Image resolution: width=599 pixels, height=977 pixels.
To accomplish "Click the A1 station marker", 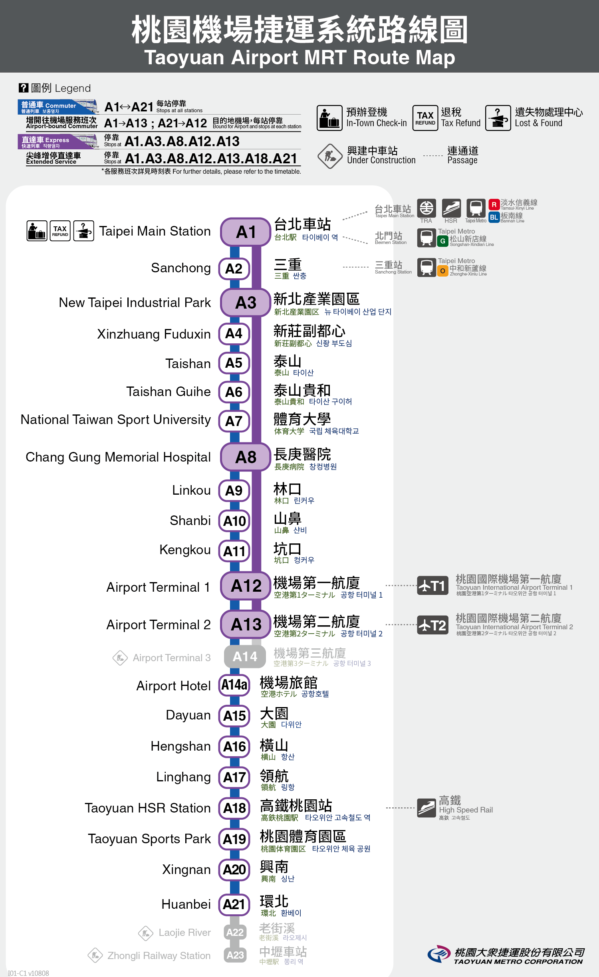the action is (x=246, y=232).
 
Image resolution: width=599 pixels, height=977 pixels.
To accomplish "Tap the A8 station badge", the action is (x=246, y=457).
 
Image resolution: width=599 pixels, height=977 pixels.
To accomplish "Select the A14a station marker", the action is (x=234, y=685).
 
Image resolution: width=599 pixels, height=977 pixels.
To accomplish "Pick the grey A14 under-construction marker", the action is (x=245, y=656).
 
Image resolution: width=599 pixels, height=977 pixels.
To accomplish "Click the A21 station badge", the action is (x=234, y=904).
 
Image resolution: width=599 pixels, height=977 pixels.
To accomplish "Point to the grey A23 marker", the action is (x=235, y=955).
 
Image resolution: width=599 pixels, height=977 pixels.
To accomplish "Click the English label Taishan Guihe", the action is (x=169, y=392).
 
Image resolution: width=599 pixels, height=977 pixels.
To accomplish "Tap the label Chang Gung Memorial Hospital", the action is (x=118, y=457).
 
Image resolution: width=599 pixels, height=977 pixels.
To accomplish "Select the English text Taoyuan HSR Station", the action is (x=148, y=808).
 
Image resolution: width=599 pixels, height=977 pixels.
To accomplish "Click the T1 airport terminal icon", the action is (x=433, y=586).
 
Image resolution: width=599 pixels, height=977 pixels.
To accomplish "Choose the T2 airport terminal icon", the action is (x=433, y=625).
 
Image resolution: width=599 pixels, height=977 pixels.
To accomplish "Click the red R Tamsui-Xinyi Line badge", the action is (x=494, y=205).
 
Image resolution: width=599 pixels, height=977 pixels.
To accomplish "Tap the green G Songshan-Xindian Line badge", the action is (x=442, y=241).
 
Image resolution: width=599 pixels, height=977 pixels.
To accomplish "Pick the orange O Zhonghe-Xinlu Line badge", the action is (x=442, y=271).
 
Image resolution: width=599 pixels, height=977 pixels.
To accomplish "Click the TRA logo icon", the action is (x=426, y=208).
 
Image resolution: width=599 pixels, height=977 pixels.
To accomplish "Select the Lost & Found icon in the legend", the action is (x=498, y=118).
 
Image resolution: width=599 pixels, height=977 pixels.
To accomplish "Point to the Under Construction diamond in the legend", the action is (x=330, y=156).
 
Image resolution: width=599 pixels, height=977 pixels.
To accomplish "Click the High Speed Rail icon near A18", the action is (x=426, y=808).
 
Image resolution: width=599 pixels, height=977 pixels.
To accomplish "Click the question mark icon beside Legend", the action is (x=24, y=88).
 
